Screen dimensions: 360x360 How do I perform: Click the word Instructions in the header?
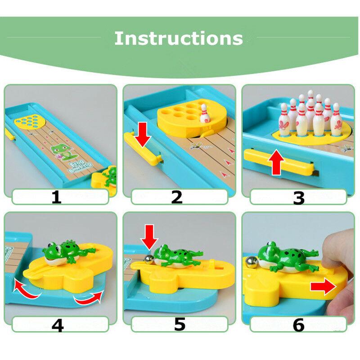coord(179,38)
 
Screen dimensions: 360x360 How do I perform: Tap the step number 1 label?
coord(56,197)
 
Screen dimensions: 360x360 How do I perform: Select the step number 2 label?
coord(176,197)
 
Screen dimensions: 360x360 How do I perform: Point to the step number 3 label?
coord(298,197)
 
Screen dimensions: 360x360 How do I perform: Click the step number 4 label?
coord(57,324)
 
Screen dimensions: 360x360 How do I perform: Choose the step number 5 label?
coord(180,324)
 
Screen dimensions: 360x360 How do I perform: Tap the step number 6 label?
coord(299,324)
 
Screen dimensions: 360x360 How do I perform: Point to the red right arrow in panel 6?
coord(323,285)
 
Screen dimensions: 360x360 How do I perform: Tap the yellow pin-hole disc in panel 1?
coord(28,121)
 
